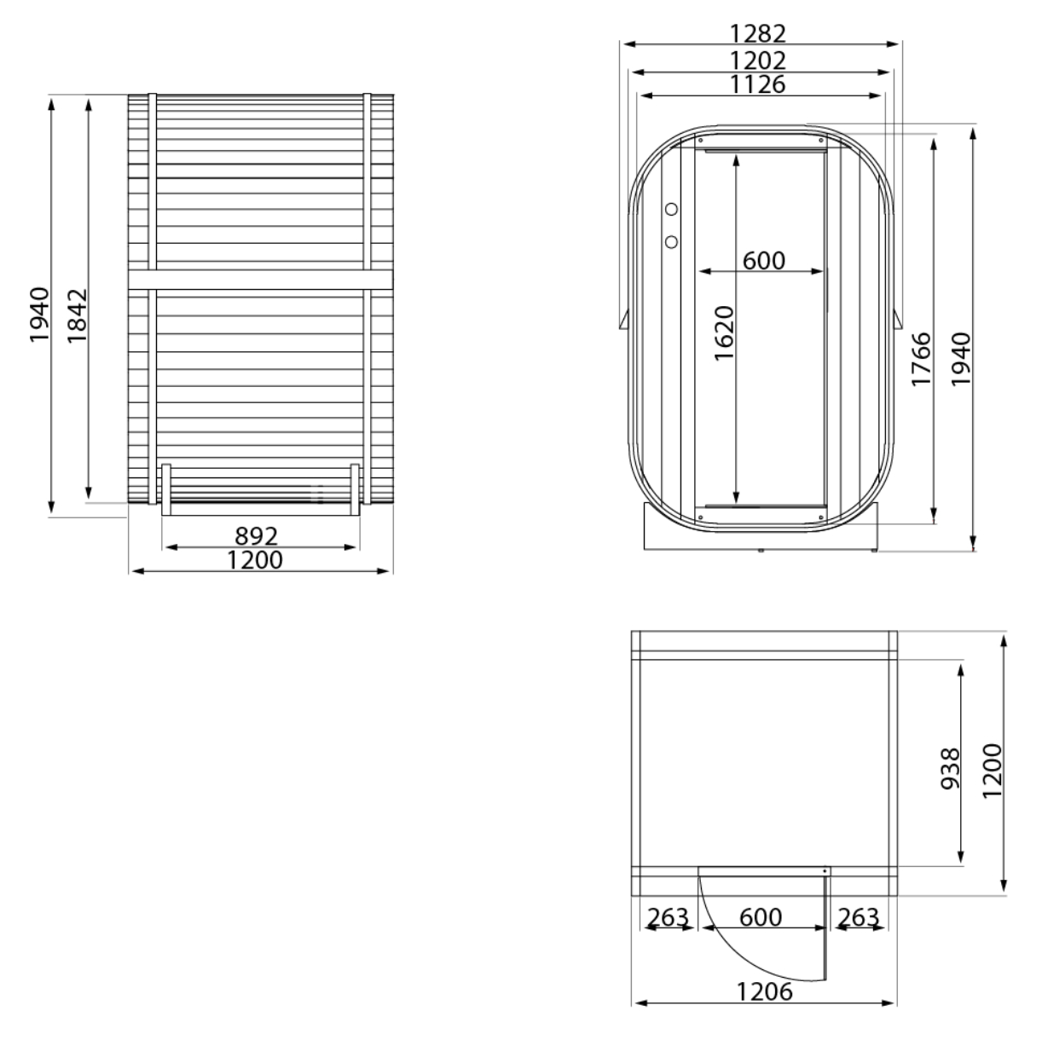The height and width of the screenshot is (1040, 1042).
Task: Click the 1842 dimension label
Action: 77,316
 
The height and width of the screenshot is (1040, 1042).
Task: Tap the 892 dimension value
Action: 257,536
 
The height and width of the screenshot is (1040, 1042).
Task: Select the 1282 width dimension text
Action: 758,33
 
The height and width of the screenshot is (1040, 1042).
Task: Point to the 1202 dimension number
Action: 758,60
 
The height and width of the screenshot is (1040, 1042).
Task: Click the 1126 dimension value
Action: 758,84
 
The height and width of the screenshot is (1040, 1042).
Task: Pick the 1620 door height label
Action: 725,333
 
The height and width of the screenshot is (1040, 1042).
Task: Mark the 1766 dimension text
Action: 922,359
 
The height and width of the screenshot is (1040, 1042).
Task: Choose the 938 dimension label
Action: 950,769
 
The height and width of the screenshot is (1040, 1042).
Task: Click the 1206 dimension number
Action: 765,991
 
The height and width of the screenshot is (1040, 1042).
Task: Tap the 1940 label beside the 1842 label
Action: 39,315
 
